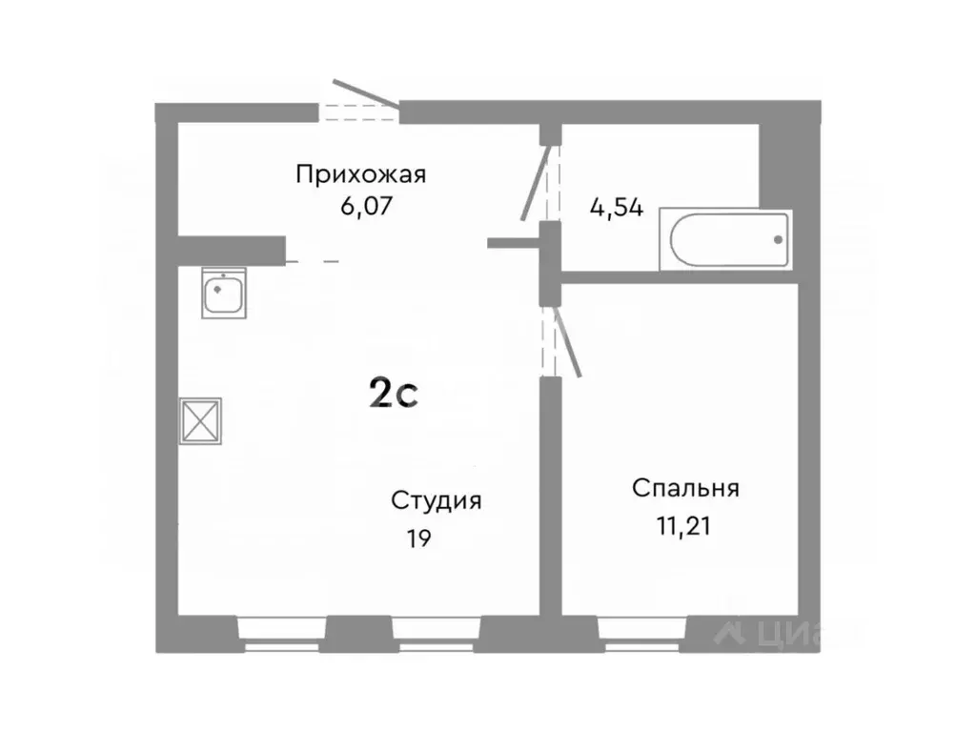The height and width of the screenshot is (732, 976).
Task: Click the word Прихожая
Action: click(359, 174)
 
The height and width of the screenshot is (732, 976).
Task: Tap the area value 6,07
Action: click(359, 205)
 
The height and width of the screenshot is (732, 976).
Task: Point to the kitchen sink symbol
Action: click(225, 291)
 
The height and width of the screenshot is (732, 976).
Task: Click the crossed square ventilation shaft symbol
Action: click(201, 419)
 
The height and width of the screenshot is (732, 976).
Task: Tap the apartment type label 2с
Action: click(394, 392)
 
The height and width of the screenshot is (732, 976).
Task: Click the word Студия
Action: click(436, 501)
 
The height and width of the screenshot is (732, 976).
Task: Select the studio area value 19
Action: click(418, 539)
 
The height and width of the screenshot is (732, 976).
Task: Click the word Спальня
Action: click(685, 489)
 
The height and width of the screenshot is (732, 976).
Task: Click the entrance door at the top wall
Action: click(367, 95)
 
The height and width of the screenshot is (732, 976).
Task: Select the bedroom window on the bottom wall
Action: click(643, 631)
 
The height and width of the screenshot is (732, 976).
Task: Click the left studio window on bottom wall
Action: click(281, 633)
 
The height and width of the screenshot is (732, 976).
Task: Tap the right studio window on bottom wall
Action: click(436, 633)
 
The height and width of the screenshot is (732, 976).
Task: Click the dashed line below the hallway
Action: click(312, 260)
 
